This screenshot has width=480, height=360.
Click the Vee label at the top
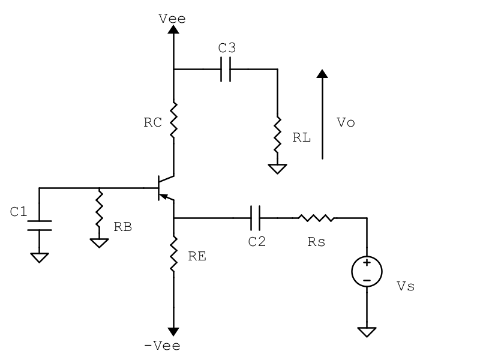(172, 19)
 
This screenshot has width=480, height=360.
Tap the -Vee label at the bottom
(162, 346)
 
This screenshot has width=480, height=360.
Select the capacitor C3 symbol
(226, 70)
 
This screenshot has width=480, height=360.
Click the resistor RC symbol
(173, 120)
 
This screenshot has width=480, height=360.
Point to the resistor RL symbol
(277, 136)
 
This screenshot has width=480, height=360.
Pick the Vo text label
(346, 122)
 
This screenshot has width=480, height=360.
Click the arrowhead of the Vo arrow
(322, 74)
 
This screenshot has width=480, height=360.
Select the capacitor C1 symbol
(40, 225)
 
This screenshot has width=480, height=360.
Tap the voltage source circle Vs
(366, 272)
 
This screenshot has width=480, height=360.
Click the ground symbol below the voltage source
(366, 331)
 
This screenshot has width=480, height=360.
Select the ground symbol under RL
(277, 169)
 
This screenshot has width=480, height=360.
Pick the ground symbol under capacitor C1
(40, 257)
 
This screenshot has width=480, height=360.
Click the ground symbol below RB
(100, 242)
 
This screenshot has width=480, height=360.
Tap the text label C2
(256, 242)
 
